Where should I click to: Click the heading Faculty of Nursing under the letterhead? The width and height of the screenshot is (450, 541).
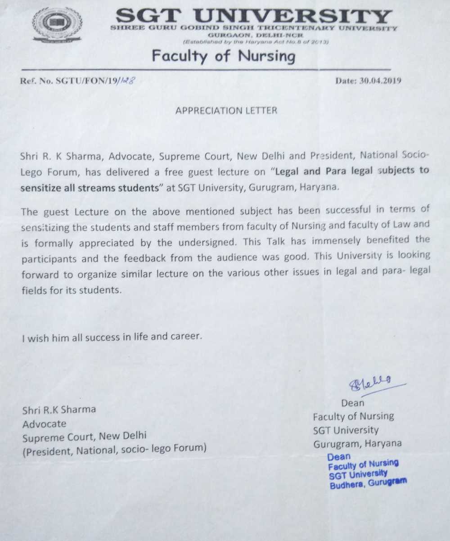click(224, 57)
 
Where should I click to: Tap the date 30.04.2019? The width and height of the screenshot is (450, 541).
click(369, 81)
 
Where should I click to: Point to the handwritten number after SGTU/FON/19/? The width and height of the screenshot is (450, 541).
click(126, 81)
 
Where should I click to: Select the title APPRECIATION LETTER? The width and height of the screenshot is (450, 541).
click(226, 110)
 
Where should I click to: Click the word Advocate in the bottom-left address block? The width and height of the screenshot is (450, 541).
click(44, 424)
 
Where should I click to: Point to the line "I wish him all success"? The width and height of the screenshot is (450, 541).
click(111, 336)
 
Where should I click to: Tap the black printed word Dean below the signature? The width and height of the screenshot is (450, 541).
click(353, 403)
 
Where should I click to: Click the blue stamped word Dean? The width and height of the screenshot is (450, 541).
click(339, 456)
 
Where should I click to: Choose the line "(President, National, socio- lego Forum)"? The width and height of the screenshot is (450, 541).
click(114, 448)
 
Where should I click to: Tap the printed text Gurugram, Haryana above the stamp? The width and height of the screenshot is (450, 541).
click(357, 443)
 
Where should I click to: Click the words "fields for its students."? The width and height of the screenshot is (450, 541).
click(72, 290)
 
